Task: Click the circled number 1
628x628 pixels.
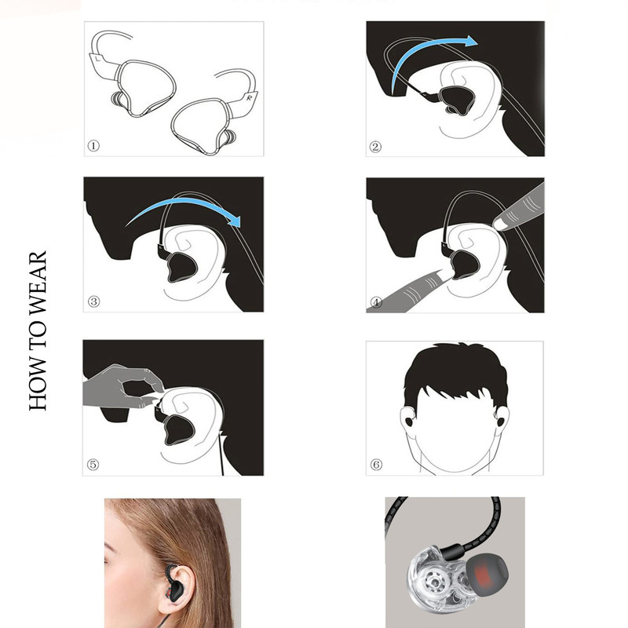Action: pyautogui.click(x=93, y=145)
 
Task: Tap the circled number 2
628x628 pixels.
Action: pyautogui.click(x=375, y=147)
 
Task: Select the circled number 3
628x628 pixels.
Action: pyautogui.click(x=93, y=301)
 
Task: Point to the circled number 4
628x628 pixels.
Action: pyautogui.click(x=377, y=302)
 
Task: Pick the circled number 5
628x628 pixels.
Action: pyautogui.click(x=93, y=465)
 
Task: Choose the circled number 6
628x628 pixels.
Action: pyautogui.click(x=376, y=465)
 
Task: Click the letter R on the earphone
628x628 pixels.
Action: pyautogui.click(x=250, y=97)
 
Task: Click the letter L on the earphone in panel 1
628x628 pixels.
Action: pyautogui.click(x=97, y=58)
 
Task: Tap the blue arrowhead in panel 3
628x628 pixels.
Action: pyautogui.click(x=233, y=219)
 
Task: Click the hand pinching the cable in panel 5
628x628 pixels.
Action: pyautogui.click(x=120, y=386)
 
